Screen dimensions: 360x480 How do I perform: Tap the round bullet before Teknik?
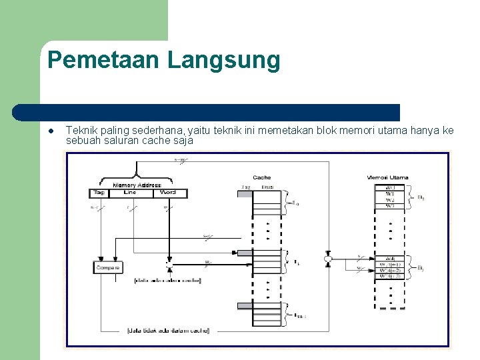click(50, 131)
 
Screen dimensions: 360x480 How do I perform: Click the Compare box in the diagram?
click(107, 267)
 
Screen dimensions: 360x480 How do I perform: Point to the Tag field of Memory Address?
click(97, 193)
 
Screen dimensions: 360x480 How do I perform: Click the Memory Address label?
click(137, 185)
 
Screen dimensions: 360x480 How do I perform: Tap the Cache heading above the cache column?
click(262, 177)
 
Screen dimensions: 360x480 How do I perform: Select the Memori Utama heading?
click(388, 177)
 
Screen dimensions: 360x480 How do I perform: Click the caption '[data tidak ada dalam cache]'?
click(168, 331)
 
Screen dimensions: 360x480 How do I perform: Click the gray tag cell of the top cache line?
click(245, 193)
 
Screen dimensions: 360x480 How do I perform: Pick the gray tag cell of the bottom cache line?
click(245, 306)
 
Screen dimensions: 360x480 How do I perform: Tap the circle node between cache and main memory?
click(328, 258)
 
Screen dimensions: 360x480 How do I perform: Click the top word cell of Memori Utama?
click(390, 188)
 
